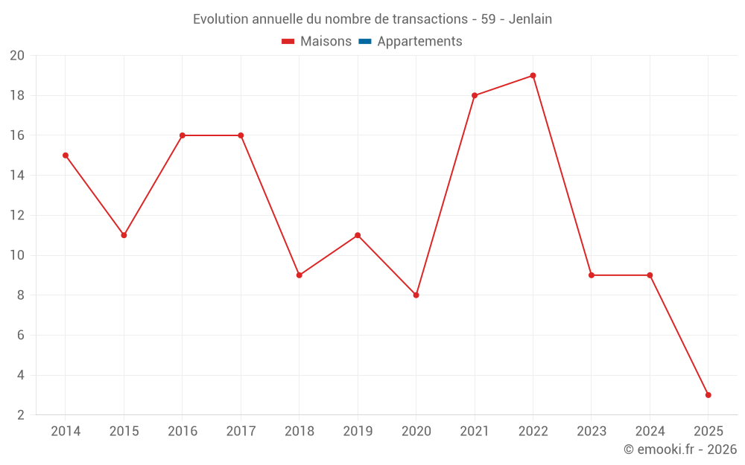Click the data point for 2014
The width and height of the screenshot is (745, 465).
pos(66,155)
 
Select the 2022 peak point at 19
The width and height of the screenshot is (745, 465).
pos(533,75)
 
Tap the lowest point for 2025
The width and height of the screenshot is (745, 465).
pos(708,395)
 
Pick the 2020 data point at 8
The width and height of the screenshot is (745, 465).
pos(416,295)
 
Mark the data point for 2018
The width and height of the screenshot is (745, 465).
pos(299,275)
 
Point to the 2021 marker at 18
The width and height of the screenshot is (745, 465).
pos(475,95)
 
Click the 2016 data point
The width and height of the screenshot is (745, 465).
pos(183,135)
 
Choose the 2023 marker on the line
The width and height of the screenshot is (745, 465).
pos(592,275)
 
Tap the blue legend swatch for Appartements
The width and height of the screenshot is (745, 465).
pos(365,42)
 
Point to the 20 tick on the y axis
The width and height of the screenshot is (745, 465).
pos(17,56)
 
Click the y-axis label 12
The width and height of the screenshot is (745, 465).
pos(17,216)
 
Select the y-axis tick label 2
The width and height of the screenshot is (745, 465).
pos(21,415)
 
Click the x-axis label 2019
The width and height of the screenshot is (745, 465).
pos(358,432)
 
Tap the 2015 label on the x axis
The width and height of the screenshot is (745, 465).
pos(124,432)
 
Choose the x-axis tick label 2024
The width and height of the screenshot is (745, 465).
pos(650,432)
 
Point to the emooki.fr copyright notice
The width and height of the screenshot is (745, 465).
pos(680,449)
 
